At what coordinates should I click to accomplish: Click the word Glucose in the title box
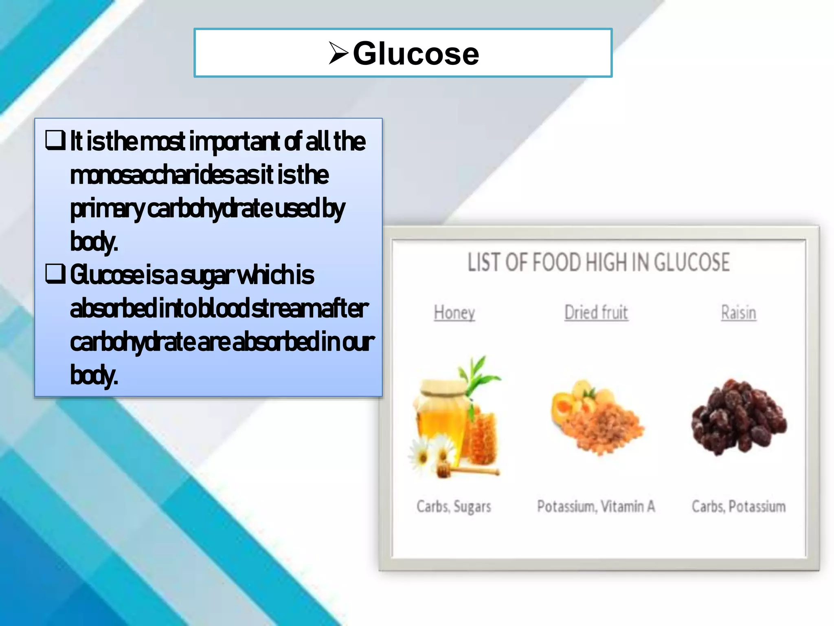(x=416, y=53)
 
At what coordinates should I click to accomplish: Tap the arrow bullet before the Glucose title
(x=338, y=53)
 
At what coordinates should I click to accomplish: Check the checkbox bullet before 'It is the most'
(x=55, y=140)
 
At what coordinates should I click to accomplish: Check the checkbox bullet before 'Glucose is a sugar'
(x=55, y=274)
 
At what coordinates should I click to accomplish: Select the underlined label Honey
(x=454, y=313)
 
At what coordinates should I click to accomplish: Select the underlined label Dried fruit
(x=596, y=313)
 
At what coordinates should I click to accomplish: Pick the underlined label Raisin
(x=738, y=313)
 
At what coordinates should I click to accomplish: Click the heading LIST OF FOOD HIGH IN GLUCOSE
(x=598, y=262)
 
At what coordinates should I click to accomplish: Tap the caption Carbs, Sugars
(x=454, y=507)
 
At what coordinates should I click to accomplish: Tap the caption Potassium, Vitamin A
(x=596, y=507)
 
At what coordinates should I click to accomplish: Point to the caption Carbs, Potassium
(x=738, y=507)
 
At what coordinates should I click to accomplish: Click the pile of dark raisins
(x=738, y=418)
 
